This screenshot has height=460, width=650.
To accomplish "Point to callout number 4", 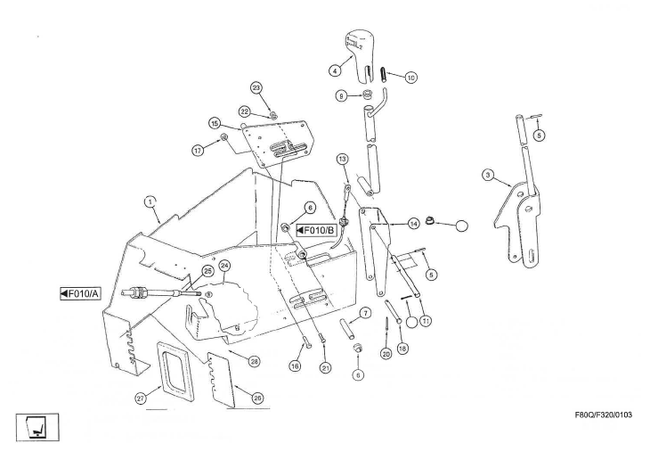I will point(334,69).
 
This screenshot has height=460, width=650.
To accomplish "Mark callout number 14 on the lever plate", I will point(414,221).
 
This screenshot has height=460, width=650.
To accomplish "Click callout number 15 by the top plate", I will point(215,123).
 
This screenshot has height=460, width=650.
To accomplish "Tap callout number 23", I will point(256,87).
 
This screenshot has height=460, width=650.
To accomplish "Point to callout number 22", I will point(243,111).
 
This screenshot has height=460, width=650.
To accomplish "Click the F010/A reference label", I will point(78,293).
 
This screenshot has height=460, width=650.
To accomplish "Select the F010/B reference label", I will point(314,231).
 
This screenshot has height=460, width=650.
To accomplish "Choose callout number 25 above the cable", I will point(207,269).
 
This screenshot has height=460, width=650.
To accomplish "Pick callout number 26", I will point(257,398).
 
